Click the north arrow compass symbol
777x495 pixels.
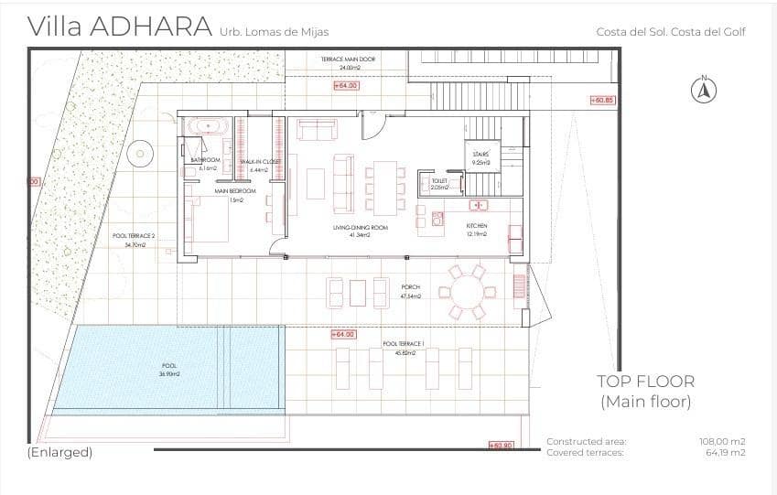pyautogui.click(x=704, y=90)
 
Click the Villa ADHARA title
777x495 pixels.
pyautogui.click(x=121, y=27)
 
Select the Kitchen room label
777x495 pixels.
pyautogui.click(x=477, y=226)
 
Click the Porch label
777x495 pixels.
pyautogui.click(x=410, y=286)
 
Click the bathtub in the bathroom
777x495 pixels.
pyautogui.click(x=206, y=126)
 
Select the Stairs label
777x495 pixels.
pyautogui.click(x=481, y=155)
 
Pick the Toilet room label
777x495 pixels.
pyautogui.click(x=439, y=182)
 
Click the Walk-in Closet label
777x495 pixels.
pyautogui.click(x=260, y=161)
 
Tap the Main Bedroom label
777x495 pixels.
pyautogui.click(x=235, y=191)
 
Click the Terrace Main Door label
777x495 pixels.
pyautogui.click(x=348, y=59)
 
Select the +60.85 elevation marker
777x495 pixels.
pyautogui.click(x=602, y=100)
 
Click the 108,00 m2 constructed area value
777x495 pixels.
pyautogui.click(x=722, y=441)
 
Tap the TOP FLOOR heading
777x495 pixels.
pyautogui.click(x=645, y=382)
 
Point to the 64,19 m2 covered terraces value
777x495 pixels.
pyautogui.click(x=725, y=452)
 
